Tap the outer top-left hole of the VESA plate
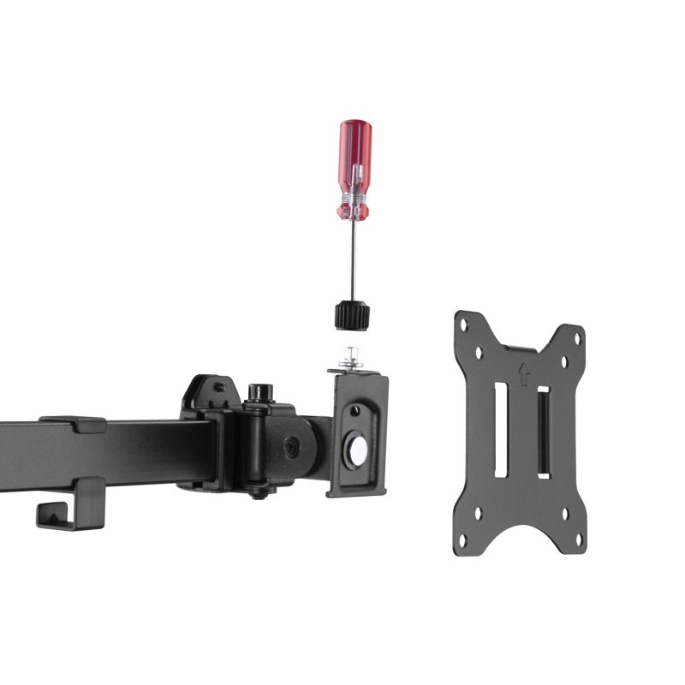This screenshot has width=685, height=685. (x=463, y=325)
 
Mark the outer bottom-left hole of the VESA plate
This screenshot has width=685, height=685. (x=463, y=540)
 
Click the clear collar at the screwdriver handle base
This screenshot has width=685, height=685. (x=354, y=205)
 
